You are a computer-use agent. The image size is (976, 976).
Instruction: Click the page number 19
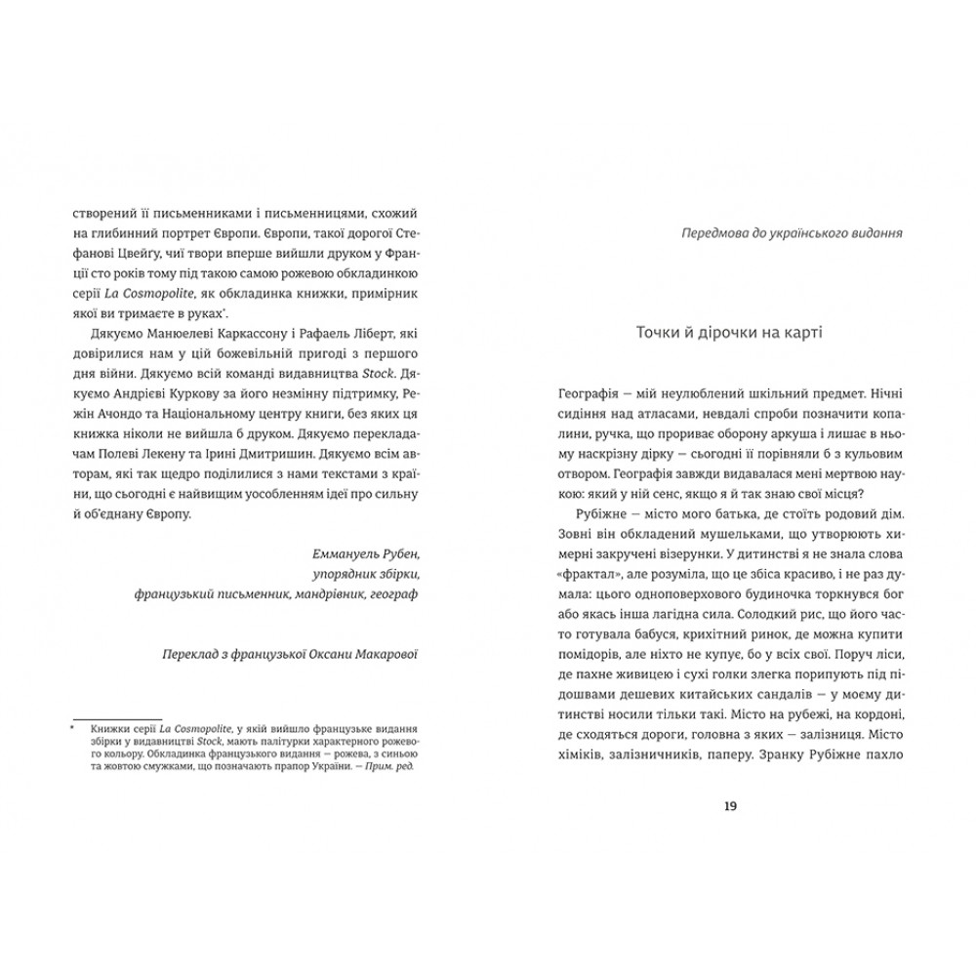click(731, 805)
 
